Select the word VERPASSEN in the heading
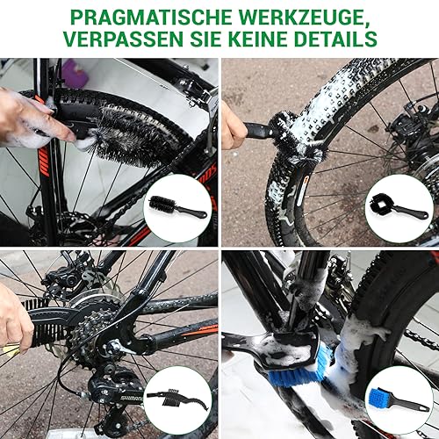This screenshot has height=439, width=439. [x=129, y=40]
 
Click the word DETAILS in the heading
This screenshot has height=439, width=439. [x=339, y=40]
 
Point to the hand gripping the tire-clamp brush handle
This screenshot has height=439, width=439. [x=233, y=127]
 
